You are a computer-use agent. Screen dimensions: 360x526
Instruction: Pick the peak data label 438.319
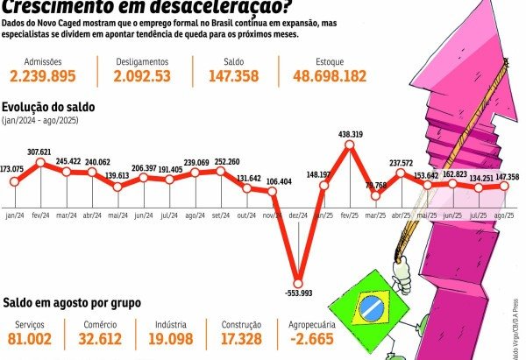coord(351,134)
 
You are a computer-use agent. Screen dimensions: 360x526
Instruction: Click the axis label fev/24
coord(40,214)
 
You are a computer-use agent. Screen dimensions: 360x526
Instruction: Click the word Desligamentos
coord(142,61)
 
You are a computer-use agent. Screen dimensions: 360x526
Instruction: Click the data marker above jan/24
coord(15,181)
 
